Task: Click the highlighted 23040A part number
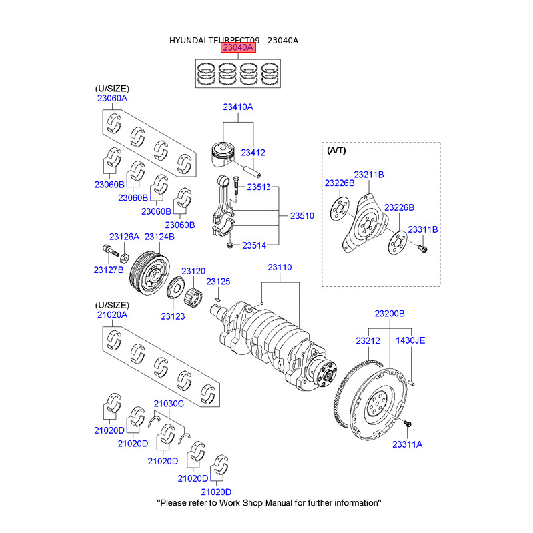pos(238,49)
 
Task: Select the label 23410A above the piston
pos(238,107)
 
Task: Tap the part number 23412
pos(253,152)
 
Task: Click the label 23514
pos(254,245)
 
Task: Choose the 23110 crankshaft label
pos(280,266)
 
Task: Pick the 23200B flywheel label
pos(389,313)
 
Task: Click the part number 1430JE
pos(410,340)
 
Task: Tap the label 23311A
pos(407,444)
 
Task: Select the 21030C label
pos(169,403)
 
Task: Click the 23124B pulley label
pos(160,236)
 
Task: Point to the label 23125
pos(218,282)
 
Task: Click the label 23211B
pos(369,175)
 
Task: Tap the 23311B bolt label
pos(423,229)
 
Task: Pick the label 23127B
pos(109,270)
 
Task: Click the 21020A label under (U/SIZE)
pos(112,314)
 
